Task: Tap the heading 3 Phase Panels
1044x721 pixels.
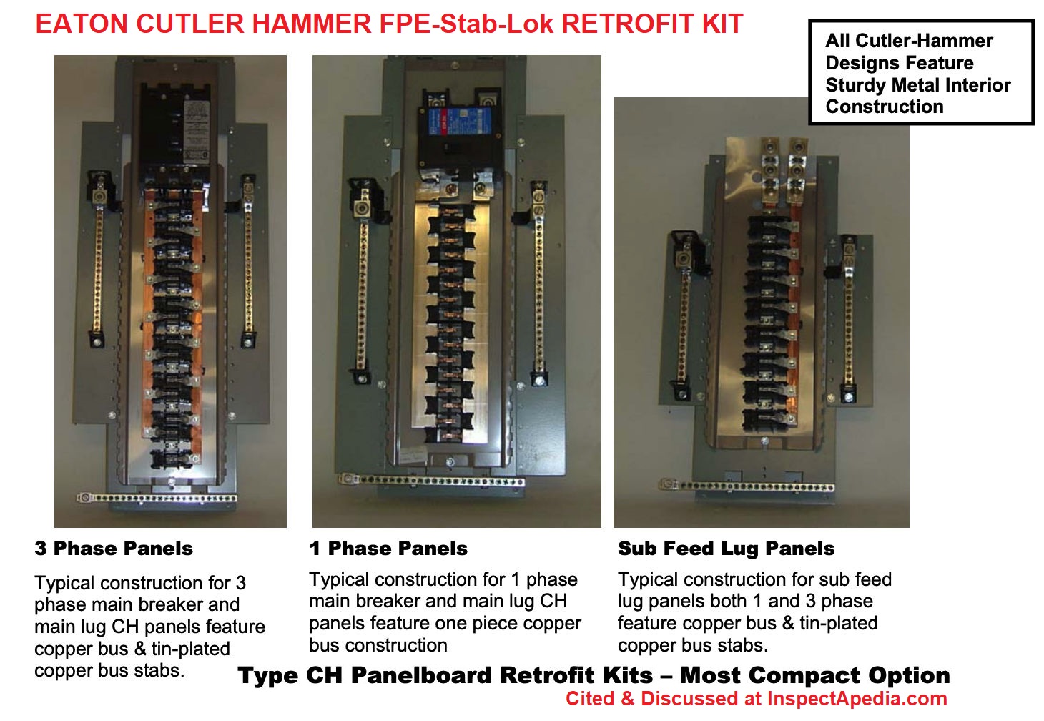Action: pyautogui.click(x=114, y=549)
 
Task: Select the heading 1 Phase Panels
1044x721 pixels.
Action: pyautogui.click(x=388, y=549)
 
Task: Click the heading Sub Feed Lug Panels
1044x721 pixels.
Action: pyautogui.click(x=726, y=549)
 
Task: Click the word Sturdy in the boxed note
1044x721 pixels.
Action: pyautogui.click(x=856, y=85)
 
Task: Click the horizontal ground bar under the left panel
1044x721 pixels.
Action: pyautogui.click(x=157, y=497)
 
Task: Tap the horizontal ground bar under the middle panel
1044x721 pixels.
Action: pyautogui.click(x=431, y=481)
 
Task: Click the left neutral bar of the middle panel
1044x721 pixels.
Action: pyautogui.click(x=363, y=286)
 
